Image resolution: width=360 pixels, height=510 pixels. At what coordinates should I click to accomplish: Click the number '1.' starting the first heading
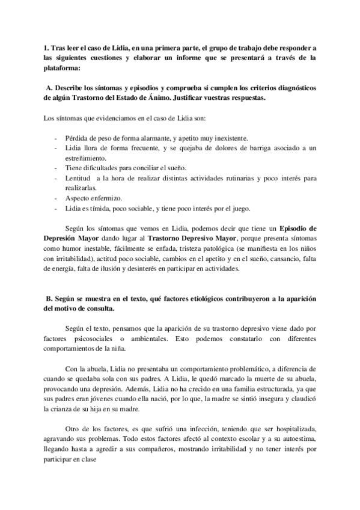click(47, 48)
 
